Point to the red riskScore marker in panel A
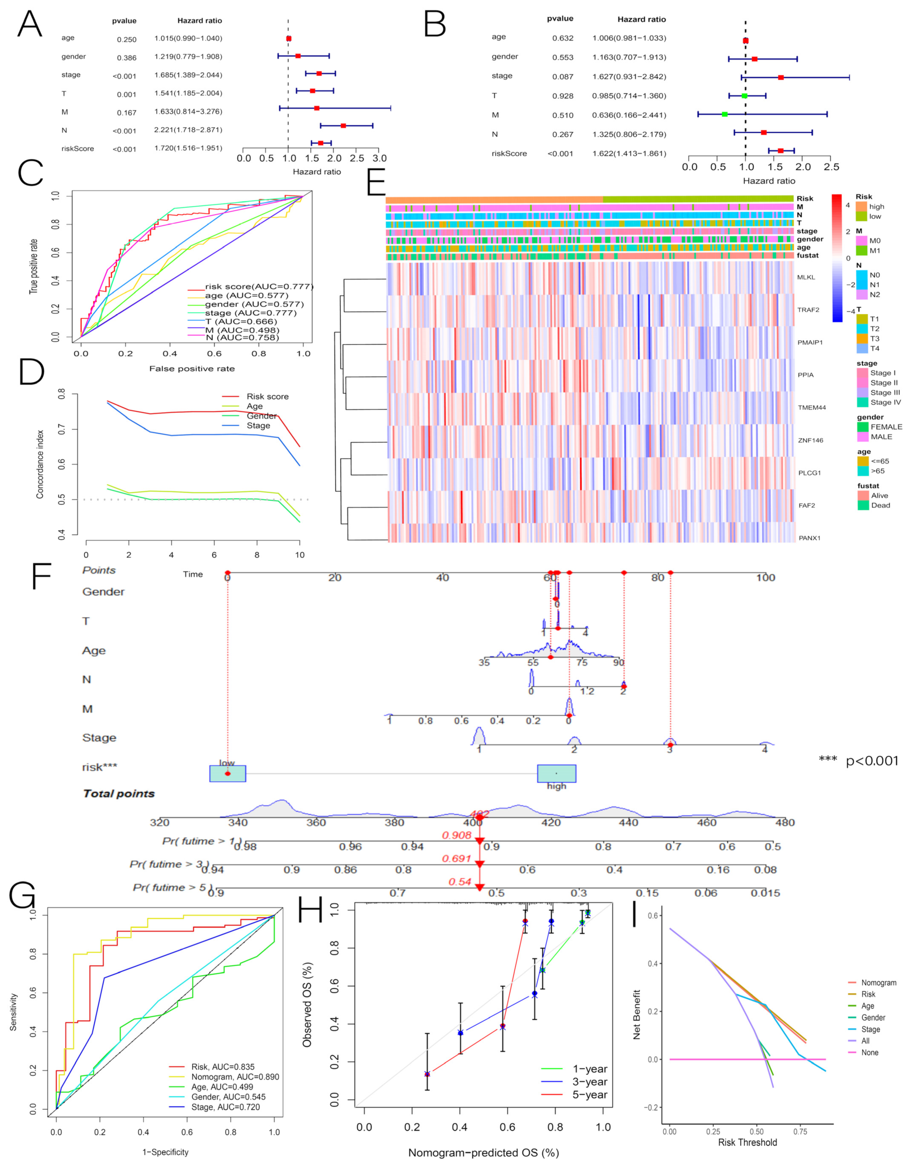click(320, 143)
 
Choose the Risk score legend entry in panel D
click(267, 396)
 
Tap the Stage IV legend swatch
click(862, 402)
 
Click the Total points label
click(119, 794)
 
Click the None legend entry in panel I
click(869, 1052)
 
